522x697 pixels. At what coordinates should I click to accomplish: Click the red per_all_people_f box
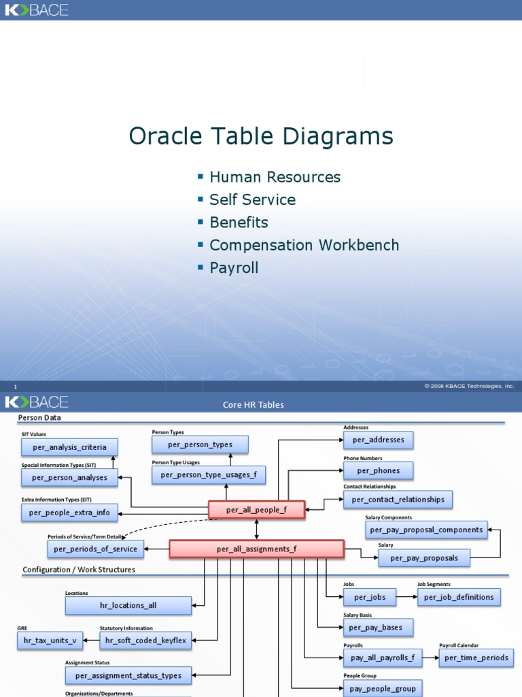coord(256,510)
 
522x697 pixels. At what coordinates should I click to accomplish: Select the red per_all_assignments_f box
coord(256,549)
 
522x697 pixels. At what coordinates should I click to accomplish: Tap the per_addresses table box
coord(378,440)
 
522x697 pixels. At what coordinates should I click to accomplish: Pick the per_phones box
coord(378,470)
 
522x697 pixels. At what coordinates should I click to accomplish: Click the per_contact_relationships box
coord(398,500)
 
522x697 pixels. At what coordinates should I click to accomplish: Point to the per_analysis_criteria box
coord(69,447)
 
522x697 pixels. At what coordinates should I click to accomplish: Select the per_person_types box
coord(200,444)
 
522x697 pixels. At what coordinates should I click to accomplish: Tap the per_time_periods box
coord(476,658)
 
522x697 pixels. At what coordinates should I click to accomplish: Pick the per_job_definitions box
coord(459,597)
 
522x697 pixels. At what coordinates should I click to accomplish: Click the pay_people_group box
coord(383,689)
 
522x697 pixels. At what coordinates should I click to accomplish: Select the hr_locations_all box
coord(128,605)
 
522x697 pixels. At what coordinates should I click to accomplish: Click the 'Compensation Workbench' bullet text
coord(304,245)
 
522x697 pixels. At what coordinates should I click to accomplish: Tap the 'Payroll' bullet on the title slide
coord(234,268)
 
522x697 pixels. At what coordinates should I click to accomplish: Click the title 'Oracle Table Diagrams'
coord(261,136)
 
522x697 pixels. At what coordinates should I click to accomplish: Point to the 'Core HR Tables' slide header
coord(254,404)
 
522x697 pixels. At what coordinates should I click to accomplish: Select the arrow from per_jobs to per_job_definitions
coord(406,597)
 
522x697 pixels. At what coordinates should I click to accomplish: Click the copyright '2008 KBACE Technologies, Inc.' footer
coord(469,386)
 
